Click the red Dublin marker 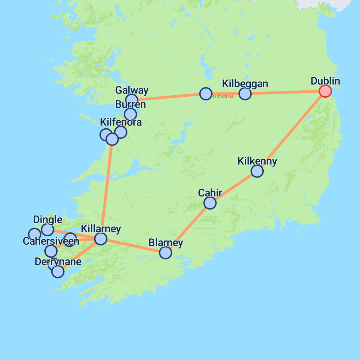(x=325, y=91)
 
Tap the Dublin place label (x=325, y=81)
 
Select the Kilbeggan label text (x=245, y=84)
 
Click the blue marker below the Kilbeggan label (x=245, y=94)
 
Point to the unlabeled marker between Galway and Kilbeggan (x=206, y=94)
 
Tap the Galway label (x=132, y=90)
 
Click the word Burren (x=130, y=104)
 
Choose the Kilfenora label (x=121, y=122)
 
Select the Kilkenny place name (x=257, y=161)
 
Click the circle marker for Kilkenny (x=257, y=171)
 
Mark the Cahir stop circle (x=210, y=203)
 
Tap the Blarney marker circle (x=165, y=252)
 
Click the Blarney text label (x=166, y=243)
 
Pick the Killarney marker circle (x=101, y=239)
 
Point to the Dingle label (x=47, y=220)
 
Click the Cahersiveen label (x=51, y=241)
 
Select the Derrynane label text (x=58, y=262)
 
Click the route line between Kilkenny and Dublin (x=291, y=131)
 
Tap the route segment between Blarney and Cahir (x=188, y=227)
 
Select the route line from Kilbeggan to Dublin (x=285, y=92)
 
